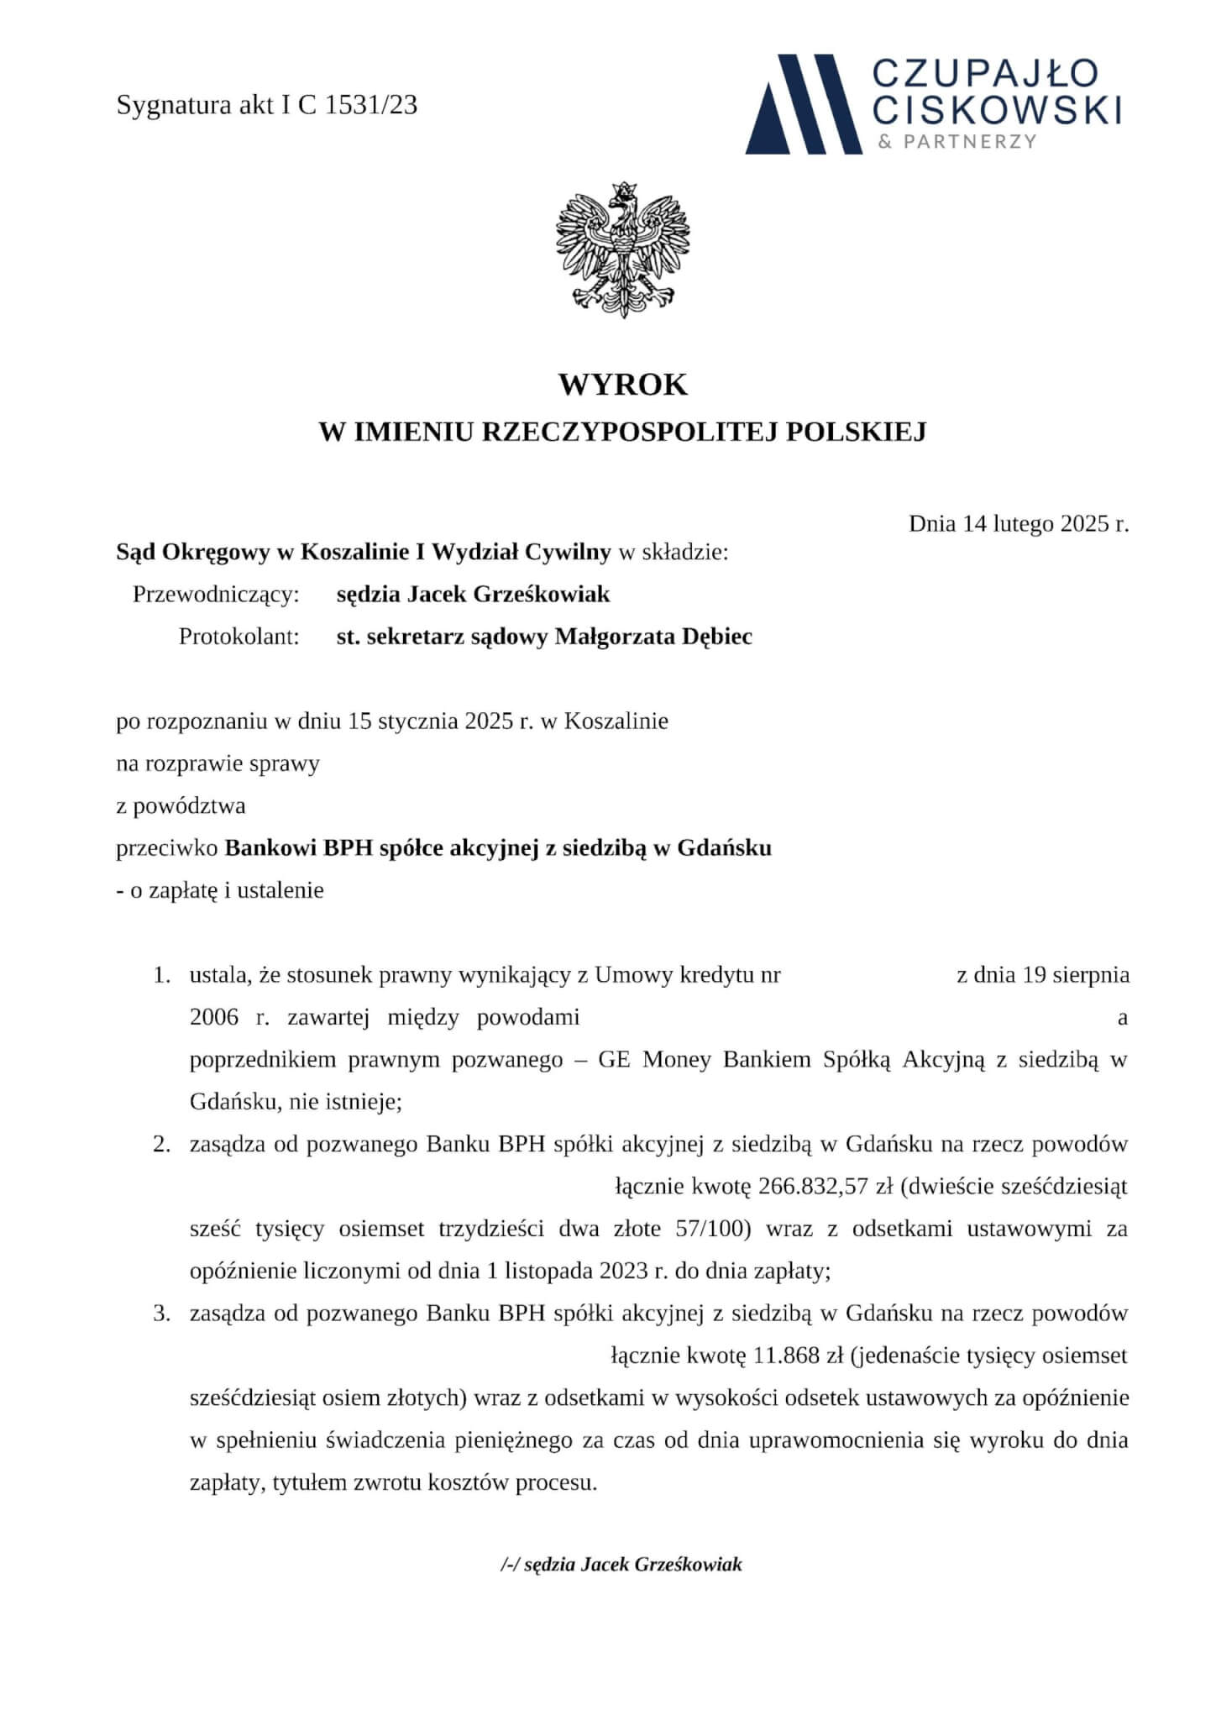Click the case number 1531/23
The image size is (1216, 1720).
370,106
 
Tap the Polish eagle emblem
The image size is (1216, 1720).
622,249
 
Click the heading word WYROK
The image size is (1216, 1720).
622,385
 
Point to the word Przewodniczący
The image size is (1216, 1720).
216,595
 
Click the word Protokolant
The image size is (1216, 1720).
238,637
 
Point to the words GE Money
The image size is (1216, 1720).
643,1060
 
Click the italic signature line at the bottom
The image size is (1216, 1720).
621,1565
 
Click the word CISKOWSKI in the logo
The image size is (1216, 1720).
998,109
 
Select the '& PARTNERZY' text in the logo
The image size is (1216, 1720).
957,141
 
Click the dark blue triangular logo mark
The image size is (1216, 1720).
803,105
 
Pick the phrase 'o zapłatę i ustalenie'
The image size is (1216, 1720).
226,890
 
